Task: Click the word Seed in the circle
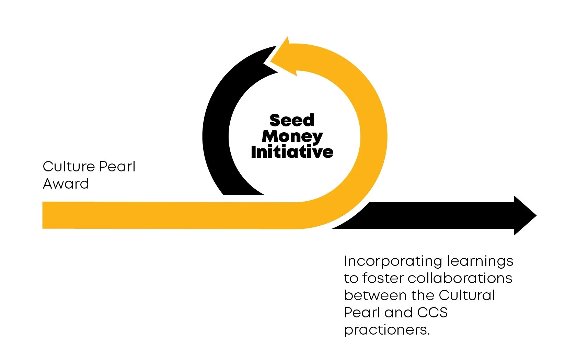292,120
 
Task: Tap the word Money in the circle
292,136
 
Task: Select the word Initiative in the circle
292,152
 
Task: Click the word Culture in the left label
69,167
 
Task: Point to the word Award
66,184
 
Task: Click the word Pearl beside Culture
117,167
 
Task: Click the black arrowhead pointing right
523,216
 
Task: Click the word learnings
480,261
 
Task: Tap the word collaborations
460,278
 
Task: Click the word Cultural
467,295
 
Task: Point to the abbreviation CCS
432,313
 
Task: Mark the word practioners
386,330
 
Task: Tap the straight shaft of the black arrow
439,215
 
